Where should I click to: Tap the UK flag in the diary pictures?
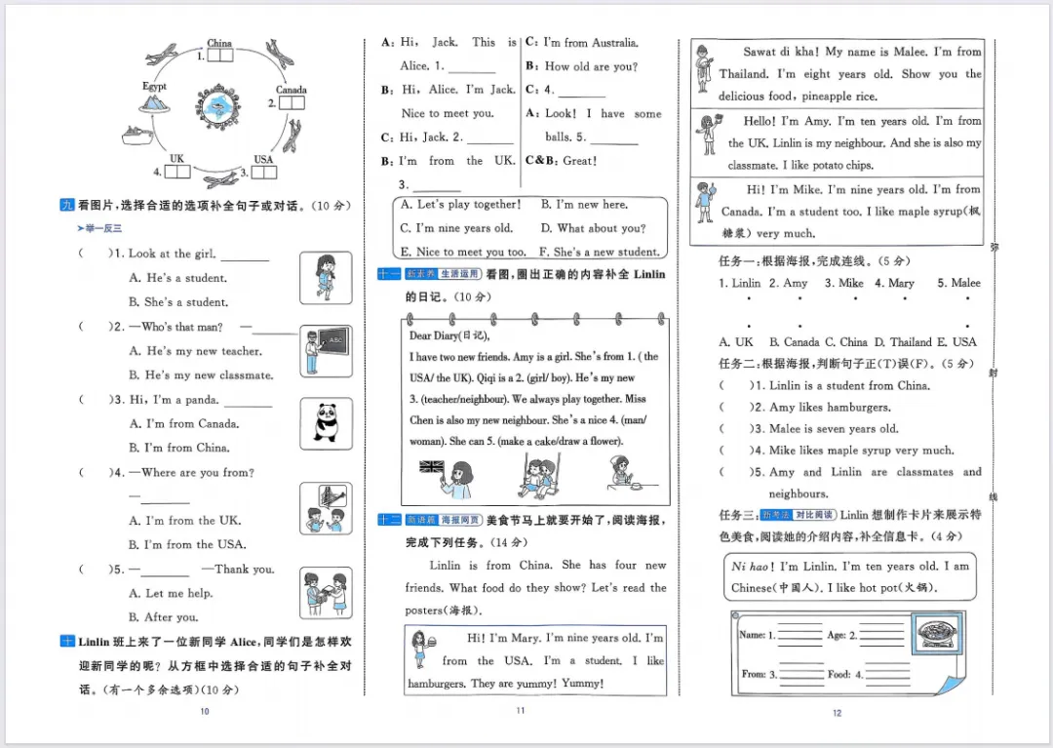pos(432,466)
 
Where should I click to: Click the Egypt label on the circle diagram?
pos(154,87)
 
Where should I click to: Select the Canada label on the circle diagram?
pos(291,90)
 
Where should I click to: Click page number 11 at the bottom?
pos(520,711)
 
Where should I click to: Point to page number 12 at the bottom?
pos(837,713)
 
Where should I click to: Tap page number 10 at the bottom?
pos(204,712)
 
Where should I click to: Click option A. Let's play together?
pos(461,205)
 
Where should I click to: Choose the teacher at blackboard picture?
pos(326,350)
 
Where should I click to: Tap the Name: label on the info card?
pos(752,635)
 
